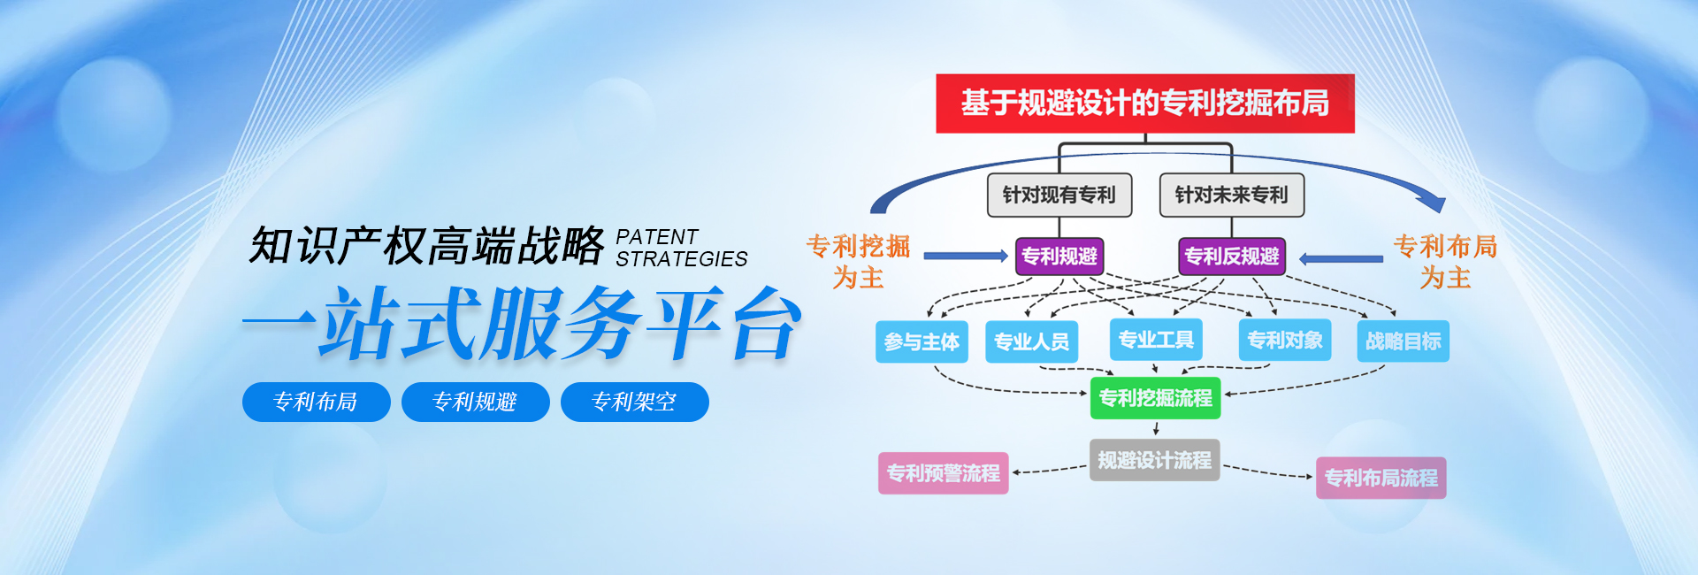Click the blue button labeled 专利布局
tap(316, 402)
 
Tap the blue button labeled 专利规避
tap(475, 402)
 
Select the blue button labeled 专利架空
tap(634, 402)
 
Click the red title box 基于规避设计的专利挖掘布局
tap(1145, 103)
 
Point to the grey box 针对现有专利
tap(1059, 195)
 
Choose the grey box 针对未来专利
tap(1232, 195)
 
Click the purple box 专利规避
tap(1059, 257)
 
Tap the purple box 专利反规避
tap(1232, 257)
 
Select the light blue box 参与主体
tap(922, 341)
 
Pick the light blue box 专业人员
tap(1031, 341)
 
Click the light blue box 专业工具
tap(1156, 340)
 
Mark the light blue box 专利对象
tap(1285, 340)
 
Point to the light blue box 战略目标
tap(1403, 341)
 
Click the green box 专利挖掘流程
tap(1156, 398)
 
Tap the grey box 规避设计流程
tap(1155, 460)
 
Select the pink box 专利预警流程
tap(944, 473)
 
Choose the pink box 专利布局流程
tap(1381, 478)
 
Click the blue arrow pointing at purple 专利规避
tap(966, 256)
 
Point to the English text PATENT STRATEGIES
tap(682, 249)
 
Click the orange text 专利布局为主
tap(1445, 262)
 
